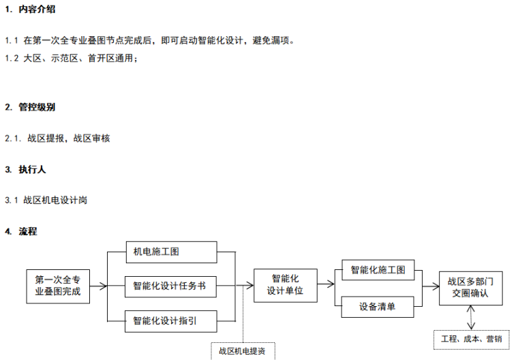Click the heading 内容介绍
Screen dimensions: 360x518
tap(37, 10)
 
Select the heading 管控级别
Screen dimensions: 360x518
tap(37, 107)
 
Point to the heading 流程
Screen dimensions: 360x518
tap(28, 231)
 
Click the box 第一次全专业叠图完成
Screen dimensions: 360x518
tap(58, 286)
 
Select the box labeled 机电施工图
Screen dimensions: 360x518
tap(170, 252)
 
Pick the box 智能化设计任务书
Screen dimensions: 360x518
tap(170, 286)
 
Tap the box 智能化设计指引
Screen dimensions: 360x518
tap(170, 320)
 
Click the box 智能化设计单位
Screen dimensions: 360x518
tap(285, 285)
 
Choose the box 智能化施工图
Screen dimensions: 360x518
tap(378, 270)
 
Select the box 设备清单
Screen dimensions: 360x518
tap(378, 307)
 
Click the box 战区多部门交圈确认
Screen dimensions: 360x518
tap(470, 287)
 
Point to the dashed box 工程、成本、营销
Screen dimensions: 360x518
tap(471, 338)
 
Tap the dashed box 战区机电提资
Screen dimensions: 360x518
tap(243, 351)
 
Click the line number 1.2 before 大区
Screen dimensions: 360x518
tap(12, 59)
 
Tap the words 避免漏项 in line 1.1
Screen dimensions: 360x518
tap(273, 40)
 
